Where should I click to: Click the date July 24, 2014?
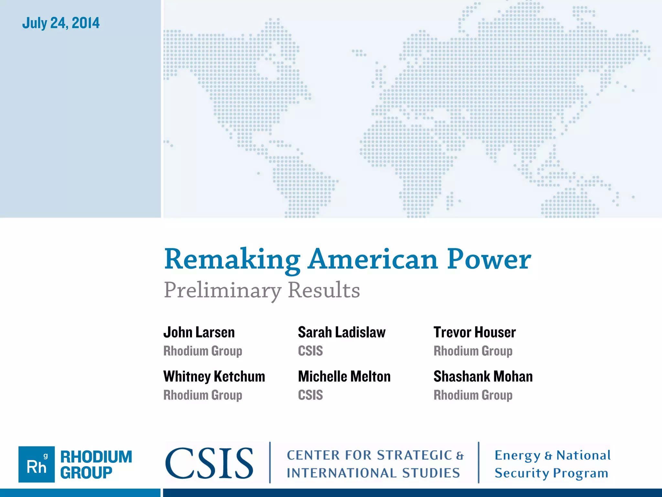point(61,23)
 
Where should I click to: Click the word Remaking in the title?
point(232,260)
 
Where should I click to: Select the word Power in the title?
point(489,260)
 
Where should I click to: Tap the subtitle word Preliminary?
point(222,290)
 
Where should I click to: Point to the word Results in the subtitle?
point(324,290)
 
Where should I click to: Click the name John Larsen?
point(199,333)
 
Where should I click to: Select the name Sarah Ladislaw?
point(342,333)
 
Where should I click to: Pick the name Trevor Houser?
point(475,333)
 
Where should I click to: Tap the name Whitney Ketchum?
point(214,377)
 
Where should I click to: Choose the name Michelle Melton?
point(344,377)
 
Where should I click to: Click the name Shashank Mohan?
point(483,377)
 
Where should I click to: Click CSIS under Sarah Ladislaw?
point(310,351)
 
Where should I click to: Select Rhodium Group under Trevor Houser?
point(473,351)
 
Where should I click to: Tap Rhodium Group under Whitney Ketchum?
point(203,395)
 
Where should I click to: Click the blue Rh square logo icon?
point(37,464)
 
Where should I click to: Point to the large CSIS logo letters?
point(209,463)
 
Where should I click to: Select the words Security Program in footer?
point(551,473)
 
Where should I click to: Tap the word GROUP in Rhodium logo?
point(86,473)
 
